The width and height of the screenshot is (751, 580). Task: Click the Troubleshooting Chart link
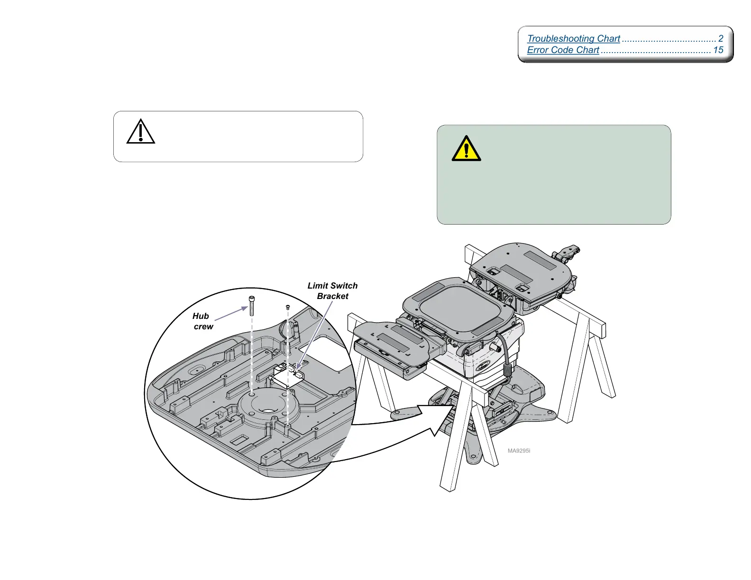pyautogui.click(x=573, y=38)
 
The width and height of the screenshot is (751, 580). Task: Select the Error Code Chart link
pyautogui.click(x=563, y=50)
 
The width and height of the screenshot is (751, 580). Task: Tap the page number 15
pyautogui.click(x=718, y=50)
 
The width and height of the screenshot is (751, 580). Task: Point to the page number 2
pyautogui.click(x=721, y=38)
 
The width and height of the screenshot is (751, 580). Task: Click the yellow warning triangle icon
pyautogui.click(x=466, y=149)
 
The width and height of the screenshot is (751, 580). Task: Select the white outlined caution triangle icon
pyautogui.click(x=141, y=132)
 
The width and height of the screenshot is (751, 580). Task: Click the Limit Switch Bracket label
pyautogui.click(x=332, y=291)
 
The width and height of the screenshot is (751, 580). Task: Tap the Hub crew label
pyautogui.click(x=202, y=321)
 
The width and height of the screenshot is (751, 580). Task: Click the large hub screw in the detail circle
pyautogui.click(x=252, y=305)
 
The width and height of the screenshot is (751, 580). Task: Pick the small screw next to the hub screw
pyautogui.click(x=288, y=308)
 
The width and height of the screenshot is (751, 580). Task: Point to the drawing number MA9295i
pyautogui.click(x=519, y=451)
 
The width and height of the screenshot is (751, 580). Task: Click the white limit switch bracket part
pyautogui.click(x=286, y=378)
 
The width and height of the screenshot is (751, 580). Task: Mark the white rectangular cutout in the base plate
pyautogui.click(x=326, y=353)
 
